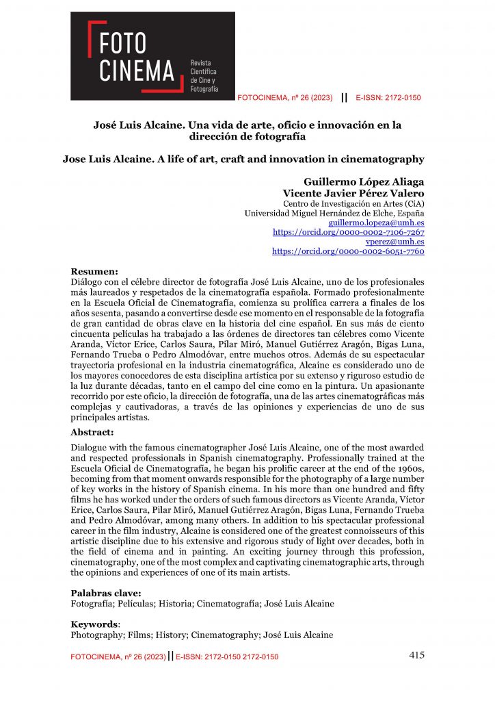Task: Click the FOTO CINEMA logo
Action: [x=153, y=55]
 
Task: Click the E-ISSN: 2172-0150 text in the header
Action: [x=388, y=98]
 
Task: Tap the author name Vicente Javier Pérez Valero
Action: [x=353, y=193]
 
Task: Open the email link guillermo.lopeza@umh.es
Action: [x=376, y=223]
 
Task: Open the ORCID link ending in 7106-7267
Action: [x=348, y=233]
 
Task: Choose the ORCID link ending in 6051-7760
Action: [x=348, y=251]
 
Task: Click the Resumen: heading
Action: [x=94, y=271]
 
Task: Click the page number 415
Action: [x=416, y=655]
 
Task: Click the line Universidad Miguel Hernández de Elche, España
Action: [x=334, y=214]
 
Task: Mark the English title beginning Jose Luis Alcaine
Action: [x=243, y=160]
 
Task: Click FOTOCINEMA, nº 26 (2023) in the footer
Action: [x=118, y=657]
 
